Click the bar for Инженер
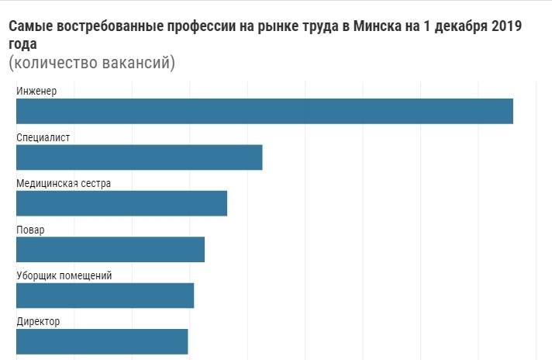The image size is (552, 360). [264, 111]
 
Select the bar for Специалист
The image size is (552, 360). [140, 157]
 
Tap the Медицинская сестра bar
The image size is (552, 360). [122, 203]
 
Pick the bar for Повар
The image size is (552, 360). [110, 249]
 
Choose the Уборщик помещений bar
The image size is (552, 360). [105, 296]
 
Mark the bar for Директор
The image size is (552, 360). [102, 341]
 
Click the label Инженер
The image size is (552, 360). [36, 92]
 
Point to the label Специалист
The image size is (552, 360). [43, 137]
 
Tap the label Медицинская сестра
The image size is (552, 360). [64, 184]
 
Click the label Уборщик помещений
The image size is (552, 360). [64, 275]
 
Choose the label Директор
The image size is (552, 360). [38, 321]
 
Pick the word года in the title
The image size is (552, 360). [23, 45]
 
